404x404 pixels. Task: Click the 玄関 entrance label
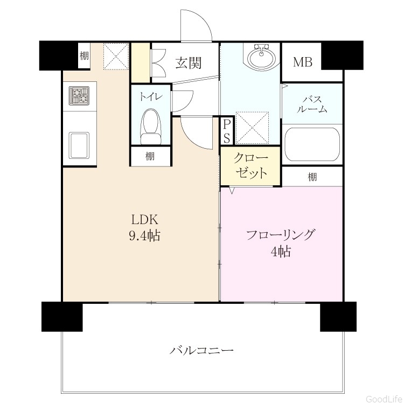189,63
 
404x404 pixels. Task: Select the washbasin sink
261,57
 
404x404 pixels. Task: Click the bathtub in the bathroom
312,144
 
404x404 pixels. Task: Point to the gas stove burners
79,95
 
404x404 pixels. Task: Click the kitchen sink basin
79,145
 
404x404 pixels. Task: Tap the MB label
303,62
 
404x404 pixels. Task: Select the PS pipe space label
226,131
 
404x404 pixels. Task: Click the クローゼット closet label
250,166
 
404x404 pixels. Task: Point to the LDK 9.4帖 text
144,228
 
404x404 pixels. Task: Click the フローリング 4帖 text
281,243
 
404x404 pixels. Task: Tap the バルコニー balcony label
202,351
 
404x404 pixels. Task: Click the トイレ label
151,96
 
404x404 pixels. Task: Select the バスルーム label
312,105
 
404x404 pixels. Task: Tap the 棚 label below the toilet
150,156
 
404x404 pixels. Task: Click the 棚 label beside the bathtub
312,177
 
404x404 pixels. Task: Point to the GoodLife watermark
385,399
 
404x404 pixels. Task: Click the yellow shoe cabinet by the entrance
141,62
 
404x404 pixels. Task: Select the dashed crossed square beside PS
252,127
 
